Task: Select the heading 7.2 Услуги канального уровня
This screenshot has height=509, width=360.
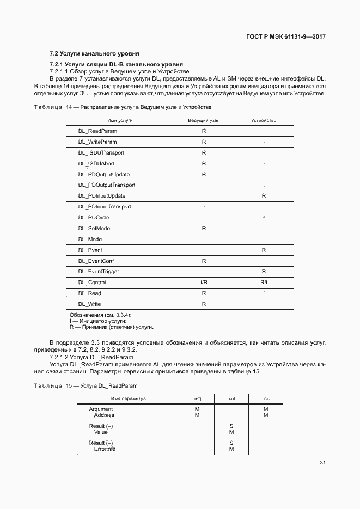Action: coord(94,53)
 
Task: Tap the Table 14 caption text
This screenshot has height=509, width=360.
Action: coord(123,107)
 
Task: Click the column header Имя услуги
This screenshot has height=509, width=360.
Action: coord(120,120)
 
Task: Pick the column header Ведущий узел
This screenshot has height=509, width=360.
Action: coord(204,120)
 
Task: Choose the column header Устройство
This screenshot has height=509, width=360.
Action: coord(264,120)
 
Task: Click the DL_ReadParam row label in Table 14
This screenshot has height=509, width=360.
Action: coord(97,131)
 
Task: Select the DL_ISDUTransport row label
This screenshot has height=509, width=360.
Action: coord(101,152)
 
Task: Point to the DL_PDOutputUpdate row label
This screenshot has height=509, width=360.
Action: coord(103,174)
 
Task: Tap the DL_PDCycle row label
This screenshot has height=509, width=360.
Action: coord(94,218)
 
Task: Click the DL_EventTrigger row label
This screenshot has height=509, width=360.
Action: coord(99,272)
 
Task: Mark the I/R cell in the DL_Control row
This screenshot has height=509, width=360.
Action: coord(204,283)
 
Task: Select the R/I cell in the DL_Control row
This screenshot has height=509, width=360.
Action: coord(264,283)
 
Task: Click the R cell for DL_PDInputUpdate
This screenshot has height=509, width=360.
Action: coord(264,196)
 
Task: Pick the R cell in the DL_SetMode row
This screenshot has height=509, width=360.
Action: coord(204,229)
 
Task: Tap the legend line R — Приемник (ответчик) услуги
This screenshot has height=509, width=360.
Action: coord(112,327)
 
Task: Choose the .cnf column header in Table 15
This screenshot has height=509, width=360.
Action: coord(231,399)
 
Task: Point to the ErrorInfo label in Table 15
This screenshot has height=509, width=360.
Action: coord(105,449)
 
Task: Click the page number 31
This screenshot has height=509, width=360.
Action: coord(322,463)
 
